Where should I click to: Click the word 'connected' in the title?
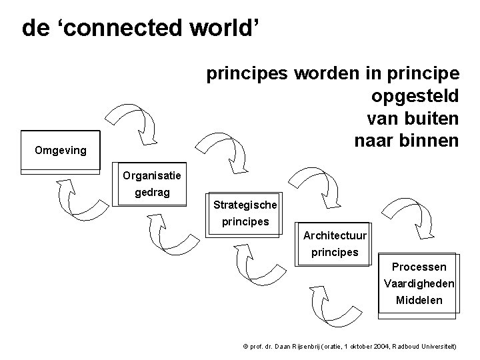115,28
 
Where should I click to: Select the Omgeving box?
60,150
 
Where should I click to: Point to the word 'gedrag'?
152,193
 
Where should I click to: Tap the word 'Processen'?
419,267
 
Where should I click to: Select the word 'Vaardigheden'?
419,283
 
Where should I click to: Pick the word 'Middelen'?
419,300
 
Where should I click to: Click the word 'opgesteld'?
413,96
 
